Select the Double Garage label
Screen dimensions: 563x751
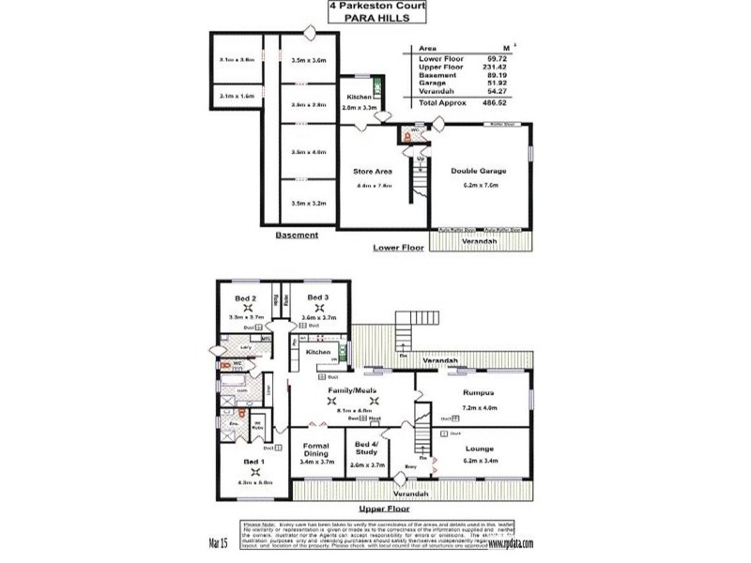pyautogui.click(x=478, y=172)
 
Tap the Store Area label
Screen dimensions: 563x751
pyautogui.click(x=371, y=172)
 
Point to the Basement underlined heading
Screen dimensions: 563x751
pyautogui.click(x=297, y=236)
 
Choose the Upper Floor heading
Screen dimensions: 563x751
pyautogui.click(x=375, y=507)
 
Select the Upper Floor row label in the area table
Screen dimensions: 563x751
pyautogui.click(x=437, y=67)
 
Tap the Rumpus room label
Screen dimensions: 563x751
pyautogui.click(x=479, y=395)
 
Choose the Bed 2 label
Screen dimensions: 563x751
pyautogui.click(x=247, y=297)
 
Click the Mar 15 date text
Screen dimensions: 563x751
pyautogui.click(x=219, y=543)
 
